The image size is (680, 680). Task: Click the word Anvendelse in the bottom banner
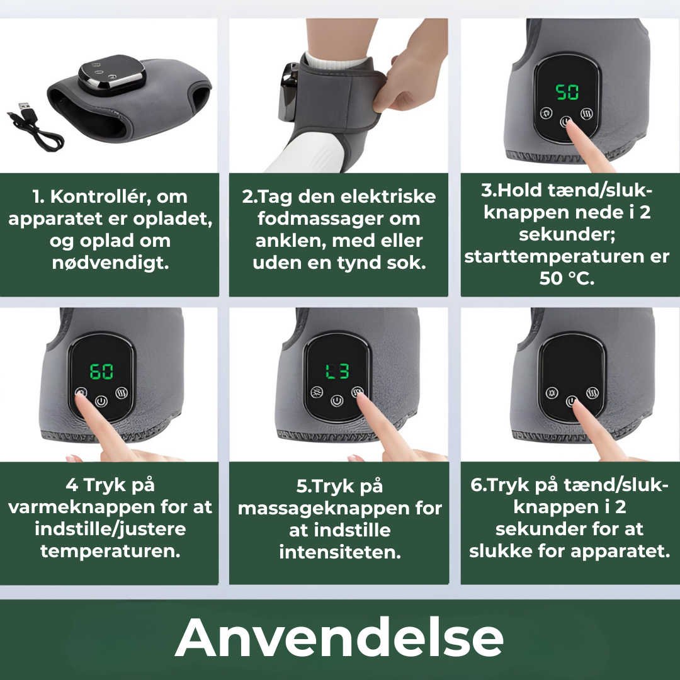pos(339,637)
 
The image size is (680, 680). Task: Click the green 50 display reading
pos(567,93)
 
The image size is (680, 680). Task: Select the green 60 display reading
pos(101,371)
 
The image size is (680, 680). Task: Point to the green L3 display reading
pos(337,371)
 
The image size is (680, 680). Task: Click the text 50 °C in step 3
pos(567,278)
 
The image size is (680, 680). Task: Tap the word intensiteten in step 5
pos(340,552)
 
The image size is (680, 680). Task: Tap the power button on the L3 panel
pos(337,400)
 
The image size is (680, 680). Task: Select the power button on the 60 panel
pos(101,400)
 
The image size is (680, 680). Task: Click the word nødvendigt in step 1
pos(111,263)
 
